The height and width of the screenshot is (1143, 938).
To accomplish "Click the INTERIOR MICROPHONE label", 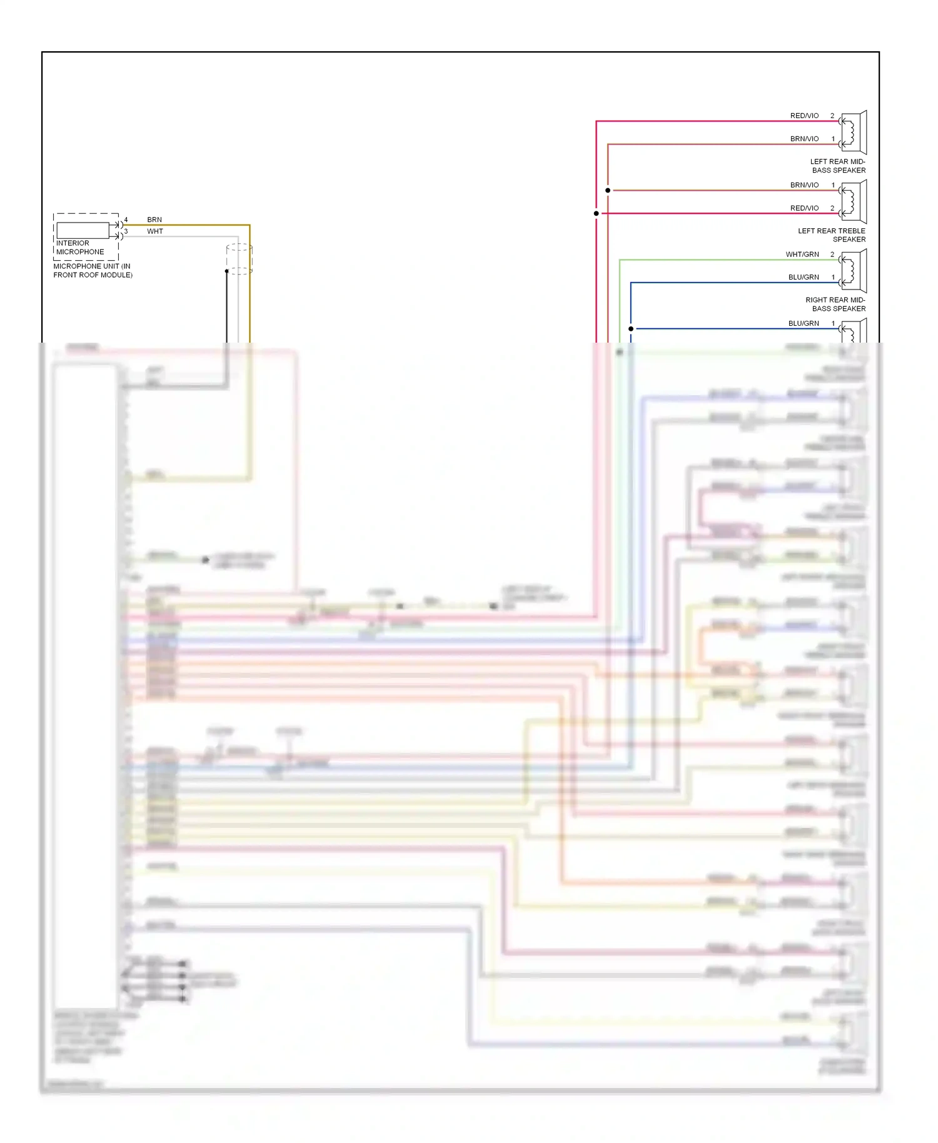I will pos(80,248).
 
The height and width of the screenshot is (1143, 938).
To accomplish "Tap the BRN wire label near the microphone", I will pos(154,220).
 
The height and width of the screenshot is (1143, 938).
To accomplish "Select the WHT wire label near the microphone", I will pos(155,231).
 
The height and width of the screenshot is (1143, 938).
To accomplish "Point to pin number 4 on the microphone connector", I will pos(126,220).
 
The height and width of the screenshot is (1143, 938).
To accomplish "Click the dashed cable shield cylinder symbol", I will pos(240,259).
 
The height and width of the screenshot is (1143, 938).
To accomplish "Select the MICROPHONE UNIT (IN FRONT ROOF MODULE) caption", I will pos(93,271).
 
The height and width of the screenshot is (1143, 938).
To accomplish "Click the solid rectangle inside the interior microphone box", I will pos(83,230).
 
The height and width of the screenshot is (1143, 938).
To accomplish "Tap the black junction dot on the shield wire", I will pos(227,271).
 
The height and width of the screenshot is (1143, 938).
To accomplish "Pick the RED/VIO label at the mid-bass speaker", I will pos(804,116).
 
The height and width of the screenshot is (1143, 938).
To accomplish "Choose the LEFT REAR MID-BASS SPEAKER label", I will pos(838,166).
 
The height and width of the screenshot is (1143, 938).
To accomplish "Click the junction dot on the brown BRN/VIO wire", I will pos(608,190).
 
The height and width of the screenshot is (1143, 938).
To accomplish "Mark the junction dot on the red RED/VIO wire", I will pos(597,213).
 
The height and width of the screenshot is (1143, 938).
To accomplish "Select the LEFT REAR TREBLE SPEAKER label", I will pos(832,235).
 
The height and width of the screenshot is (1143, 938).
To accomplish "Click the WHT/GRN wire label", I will pos(802,254).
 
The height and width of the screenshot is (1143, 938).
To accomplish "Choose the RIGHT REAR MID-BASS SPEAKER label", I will pos(835,305).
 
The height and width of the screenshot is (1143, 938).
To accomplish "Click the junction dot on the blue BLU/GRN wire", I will pos(631,328).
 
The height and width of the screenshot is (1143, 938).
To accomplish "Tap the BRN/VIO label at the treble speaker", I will pos(804,185).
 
